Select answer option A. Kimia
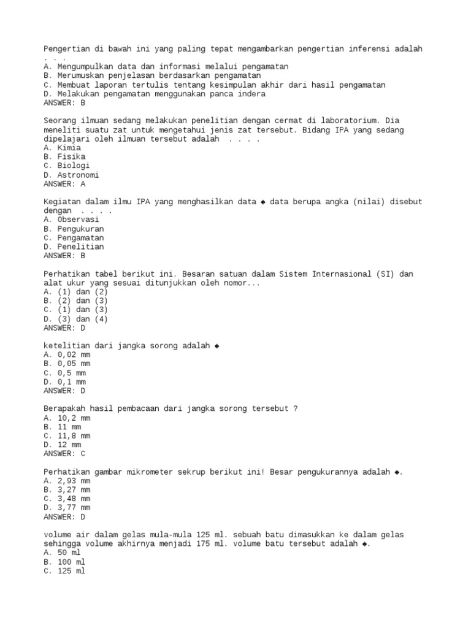tap(63, 148)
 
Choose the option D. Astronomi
tap(71, 175)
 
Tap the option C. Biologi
tap(67, 166)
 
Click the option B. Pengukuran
tap(74, 229)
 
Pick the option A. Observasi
tap(71, 220)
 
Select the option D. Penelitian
tap(74, 247)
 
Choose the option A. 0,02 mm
tap(67, 354)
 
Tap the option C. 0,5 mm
tap(64, 372)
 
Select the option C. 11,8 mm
tap(67, 435)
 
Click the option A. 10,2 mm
tap(67, 418)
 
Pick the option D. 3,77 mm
tap(67, 507)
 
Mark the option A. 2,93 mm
tap(67, 481)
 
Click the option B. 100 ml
tap(64, 561)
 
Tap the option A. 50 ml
tap(63, 553)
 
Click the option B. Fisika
tap(64, 157)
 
